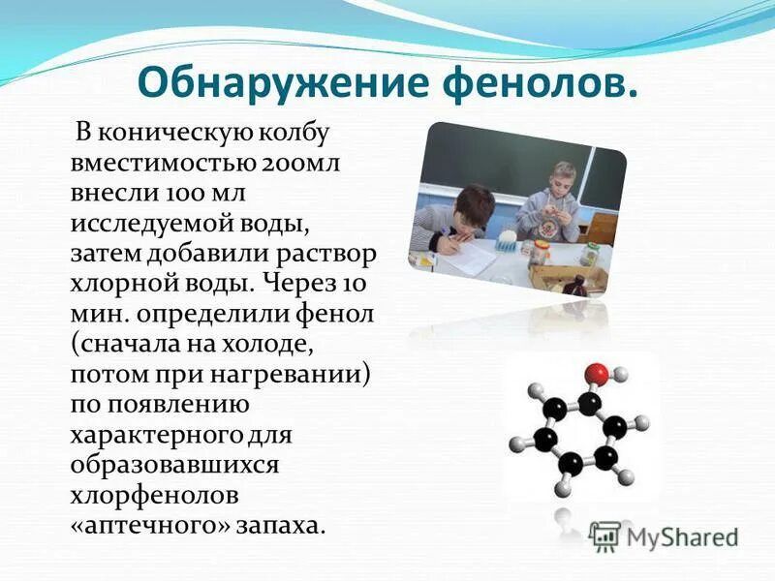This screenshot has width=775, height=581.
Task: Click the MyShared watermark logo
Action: pyautogui.click(x=665, y=536)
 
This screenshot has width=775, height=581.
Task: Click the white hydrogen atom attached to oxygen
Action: pyautogui.click(x=621, y=374)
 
